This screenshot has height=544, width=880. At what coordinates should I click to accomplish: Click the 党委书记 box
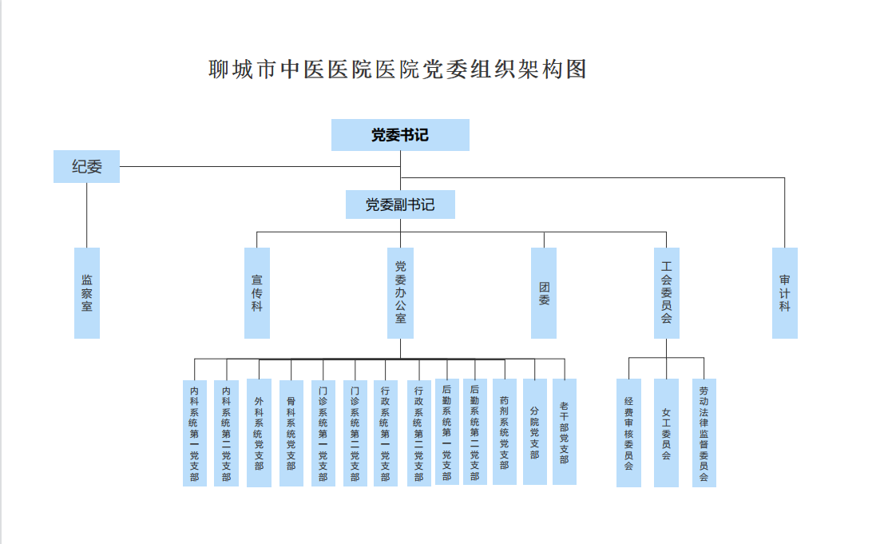coord(400,135)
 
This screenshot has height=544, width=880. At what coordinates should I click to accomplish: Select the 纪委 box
coord(87,167)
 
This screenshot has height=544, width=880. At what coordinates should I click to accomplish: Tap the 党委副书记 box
coord(400,204)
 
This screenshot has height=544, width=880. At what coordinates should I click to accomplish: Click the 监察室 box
coord(87,292)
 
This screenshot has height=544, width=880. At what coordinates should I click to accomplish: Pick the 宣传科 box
coord(256,292)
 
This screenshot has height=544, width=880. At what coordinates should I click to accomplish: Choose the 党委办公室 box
coord(400,292)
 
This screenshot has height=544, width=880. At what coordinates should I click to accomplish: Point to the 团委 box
coord(544,292)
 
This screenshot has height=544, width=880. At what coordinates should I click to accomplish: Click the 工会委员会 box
coord(666,292)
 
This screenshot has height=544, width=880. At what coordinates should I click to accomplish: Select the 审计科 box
coord(784,292)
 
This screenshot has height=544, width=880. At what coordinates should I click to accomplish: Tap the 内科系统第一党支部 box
coord(194,433)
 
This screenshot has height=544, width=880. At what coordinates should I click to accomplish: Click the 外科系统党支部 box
coord(259,433)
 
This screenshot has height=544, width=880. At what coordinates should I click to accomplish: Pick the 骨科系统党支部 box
coord(291,433)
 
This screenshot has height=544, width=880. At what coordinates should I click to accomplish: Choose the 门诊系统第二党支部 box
coord(355,433)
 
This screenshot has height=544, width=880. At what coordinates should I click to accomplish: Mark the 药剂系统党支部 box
coord(504,431)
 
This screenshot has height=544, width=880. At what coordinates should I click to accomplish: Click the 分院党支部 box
coord(534,431)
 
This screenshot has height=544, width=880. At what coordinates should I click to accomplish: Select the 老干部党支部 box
coord(564,431)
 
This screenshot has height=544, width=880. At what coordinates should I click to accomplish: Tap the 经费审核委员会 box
coord(628,433)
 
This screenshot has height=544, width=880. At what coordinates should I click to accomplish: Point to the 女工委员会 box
coord(666,433)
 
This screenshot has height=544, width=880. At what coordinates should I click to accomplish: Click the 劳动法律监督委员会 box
coord(704,433)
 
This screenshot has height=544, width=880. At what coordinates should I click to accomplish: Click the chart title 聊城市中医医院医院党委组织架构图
coord(398,69)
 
